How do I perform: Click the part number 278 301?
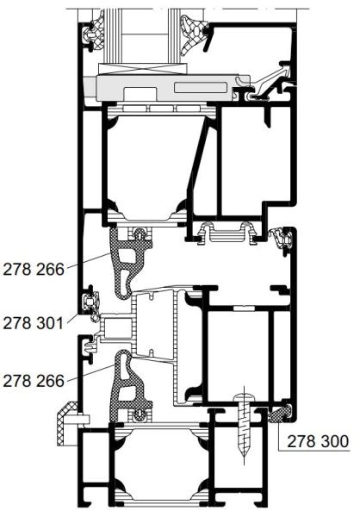click(33, 323)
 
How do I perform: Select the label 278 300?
click(318, 441)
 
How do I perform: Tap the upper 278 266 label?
click(34, 270)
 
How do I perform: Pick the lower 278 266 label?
click(34, 381)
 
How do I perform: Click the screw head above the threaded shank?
click(245, 399)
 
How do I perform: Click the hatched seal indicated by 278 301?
click(91, 303)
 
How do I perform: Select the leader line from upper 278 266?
click(89, 260)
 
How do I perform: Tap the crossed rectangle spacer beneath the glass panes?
click(143, 69)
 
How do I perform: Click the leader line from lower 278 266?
click(91, 372)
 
